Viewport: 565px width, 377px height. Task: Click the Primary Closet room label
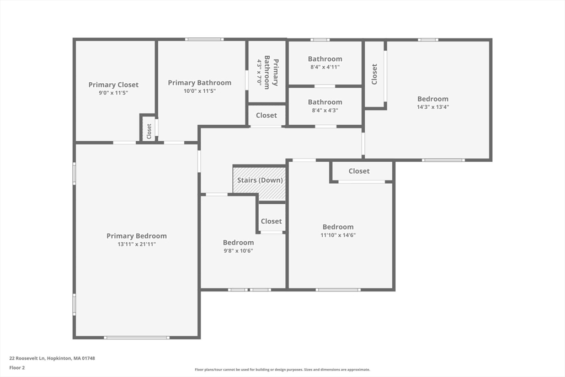point(114,85)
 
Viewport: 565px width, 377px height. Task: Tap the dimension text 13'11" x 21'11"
point(136,244)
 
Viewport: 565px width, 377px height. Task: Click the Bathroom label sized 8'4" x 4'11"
point(325,59)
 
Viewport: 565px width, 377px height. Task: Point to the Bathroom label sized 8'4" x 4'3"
point(325,102)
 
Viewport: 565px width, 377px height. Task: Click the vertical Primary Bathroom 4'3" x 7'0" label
point(267,71)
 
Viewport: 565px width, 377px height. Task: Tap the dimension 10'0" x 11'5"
point(200,91)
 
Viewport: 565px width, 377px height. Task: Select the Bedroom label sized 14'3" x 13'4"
point(433,99)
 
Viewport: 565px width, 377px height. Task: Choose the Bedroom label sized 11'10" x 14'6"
point(338,227)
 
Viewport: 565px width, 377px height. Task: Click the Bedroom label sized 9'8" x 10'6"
point(238,243)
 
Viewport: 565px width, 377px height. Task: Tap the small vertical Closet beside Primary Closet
point(148,130)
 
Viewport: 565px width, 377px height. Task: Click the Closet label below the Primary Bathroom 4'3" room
point(266,115)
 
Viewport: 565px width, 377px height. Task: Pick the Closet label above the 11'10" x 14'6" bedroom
point(359,171)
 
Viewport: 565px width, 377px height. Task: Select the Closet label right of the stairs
point(271,221)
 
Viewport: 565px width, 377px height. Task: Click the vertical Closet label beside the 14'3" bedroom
point(375,74)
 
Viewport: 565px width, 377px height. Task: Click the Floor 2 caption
point(17,367)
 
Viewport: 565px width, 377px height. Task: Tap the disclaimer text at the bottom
point(282,370)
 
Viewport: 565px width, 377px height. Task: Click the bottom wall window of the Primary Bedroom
point(137,337)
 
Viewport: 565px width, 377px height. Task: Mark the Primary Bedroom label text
point(136,236)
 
